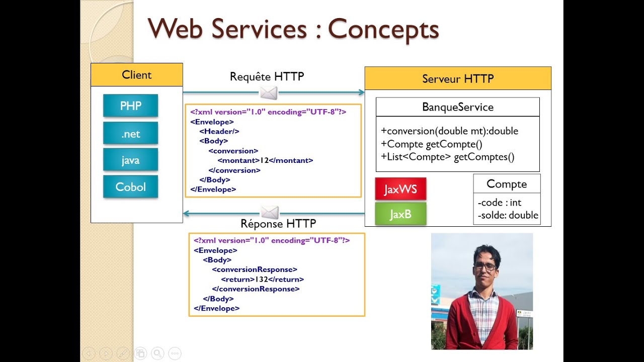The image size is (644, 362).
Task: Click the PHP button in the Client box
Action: pyautogui.click(x=130, y=106)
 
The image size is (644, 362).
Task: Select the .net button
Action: pyautogui.click(x=130, y=134)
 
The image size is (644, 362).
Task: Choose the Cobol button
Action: pyautogui.click(x=130, y=187)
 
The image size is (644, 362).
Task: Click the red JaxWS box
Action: pyautogui.click(x=400, y=189)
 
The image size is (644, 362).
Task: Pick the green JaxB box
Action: pyautogui.click(x=400, y=214)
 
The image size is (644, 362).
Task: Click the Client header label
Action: pyautogui.click(x=136, y=75)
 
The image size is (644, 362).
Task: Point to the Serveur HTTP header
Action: pyautogui.click(x=458, y=79)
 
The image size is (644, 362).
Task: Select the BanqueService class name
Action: pyautogui.click(x=457, y=107)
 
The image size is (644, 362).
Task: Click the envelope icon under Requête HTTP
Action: pyautogui.click(x=269, y=93)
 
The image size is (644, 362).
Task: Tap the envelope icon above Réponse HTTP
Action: pyautogui.click(x=270, y=213)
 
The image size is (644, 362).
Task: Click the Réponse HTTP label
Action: pyautogui.click(x=278, y=224)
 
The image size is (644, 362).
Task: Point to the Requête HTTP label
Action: pyautogui.click(x=267, y=76)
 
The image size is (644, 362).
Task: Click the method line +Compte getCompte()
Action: pyautogui.click(x=432, y=144)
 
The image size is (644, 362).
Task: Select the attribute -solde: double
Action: pyautogui.click(x=508, y=215)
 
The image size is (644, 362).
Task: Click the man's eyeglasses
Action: pyautogui.click(x=485, y=266)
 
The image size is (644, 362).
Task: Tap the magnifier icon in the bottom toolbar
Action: pyautogui.click(x=157, y=353)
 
